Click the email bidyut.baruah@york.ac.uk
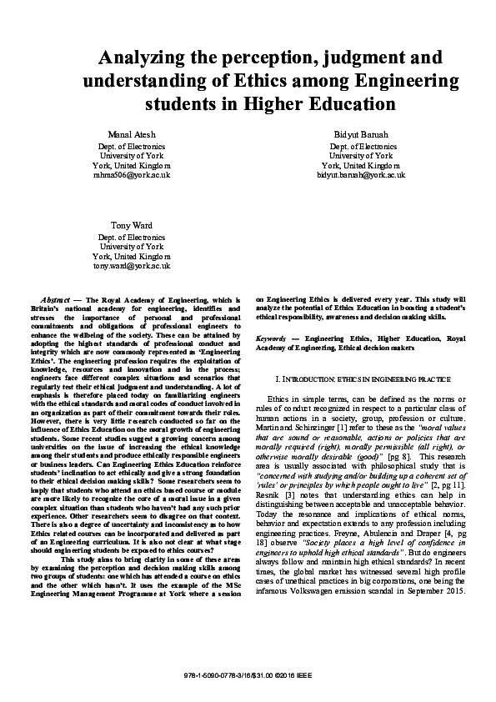[361, 175]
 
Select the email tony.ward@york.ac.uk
[133, 266]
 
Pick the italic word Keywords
[273, 340]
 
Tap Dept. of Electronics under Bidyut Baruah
[361, 146]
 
